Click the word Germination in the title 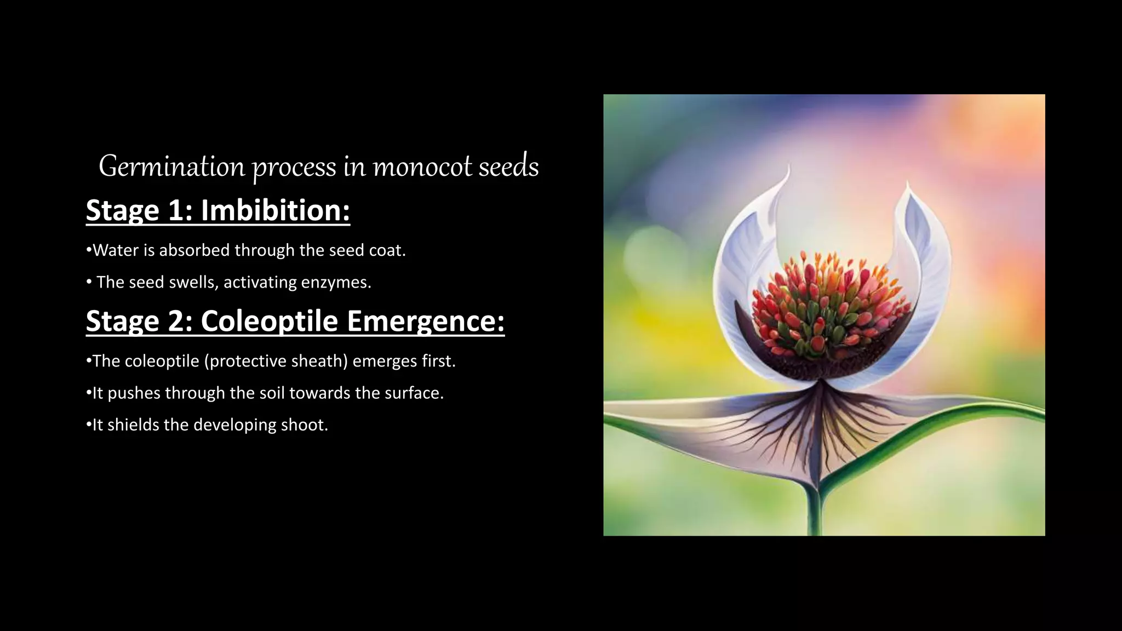tap(171, 167)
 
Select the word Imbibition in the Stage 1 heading tap(275, 210)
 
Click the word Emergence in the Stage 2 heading tap(425, 321)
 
